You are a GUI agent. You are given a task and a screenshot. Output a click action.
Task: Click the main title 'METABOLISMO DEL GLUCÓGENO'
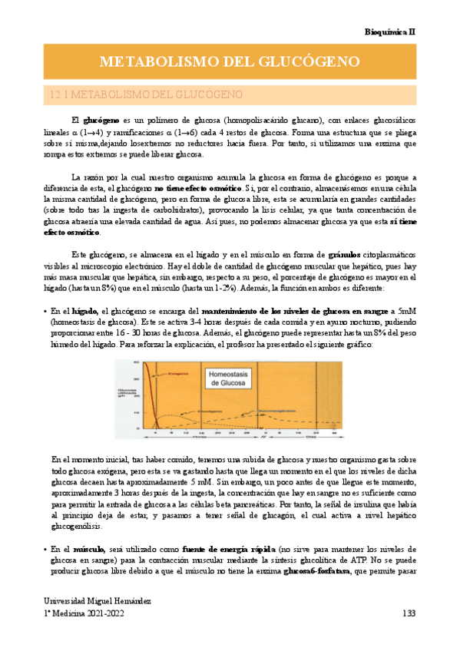pyautogui.click(x=230, y=61)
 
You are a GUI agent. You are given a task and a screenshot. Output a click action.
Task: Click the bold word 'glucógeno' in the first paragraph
pyautogui.click(x=100, y=121)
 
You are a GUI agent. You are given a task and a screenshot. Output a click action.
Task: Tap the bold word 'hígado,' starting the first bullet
pyautogui.click(x=81, y=309)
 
